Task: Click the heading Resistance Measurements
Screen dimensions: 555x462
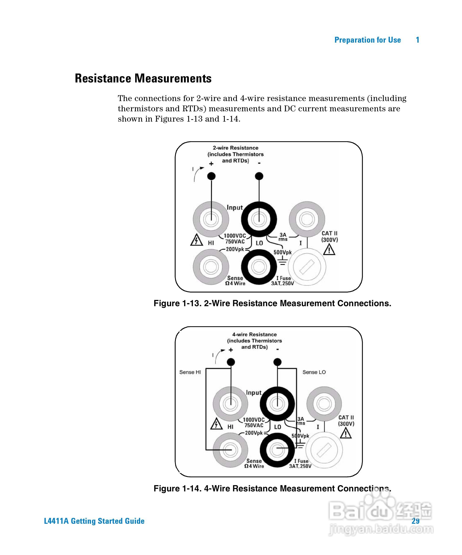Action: [143, 79]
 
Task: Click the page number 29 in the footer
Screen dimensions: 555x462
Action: [415, 521]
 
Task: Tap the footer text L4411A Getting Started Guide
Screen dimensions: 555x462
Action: [94, 521]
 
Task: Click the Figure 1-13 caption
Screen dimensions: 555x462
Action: [272, 303]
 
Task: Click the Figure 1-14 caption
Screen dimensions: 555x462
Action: [272, 488]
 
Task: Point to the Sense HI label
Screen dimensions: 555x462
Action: [190, 372]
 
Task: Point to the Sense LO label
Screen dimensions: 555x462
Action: [314, 372]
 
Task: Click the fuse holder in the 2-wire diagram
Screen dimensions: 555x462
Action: [307, 267]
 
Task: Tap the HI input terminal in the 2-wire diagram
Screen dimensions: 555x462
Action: [211, 219]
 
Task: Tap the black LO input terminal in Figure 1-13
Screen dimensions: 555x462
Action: [259, 219]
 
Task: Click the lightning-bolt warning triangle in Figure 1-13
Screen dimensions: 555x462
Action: [196, 240]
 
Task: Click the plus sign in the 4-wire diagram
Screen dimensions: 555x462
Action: [231, 350]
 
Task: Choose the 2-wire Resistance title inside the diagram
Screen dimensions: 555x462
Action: [235, 148]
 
